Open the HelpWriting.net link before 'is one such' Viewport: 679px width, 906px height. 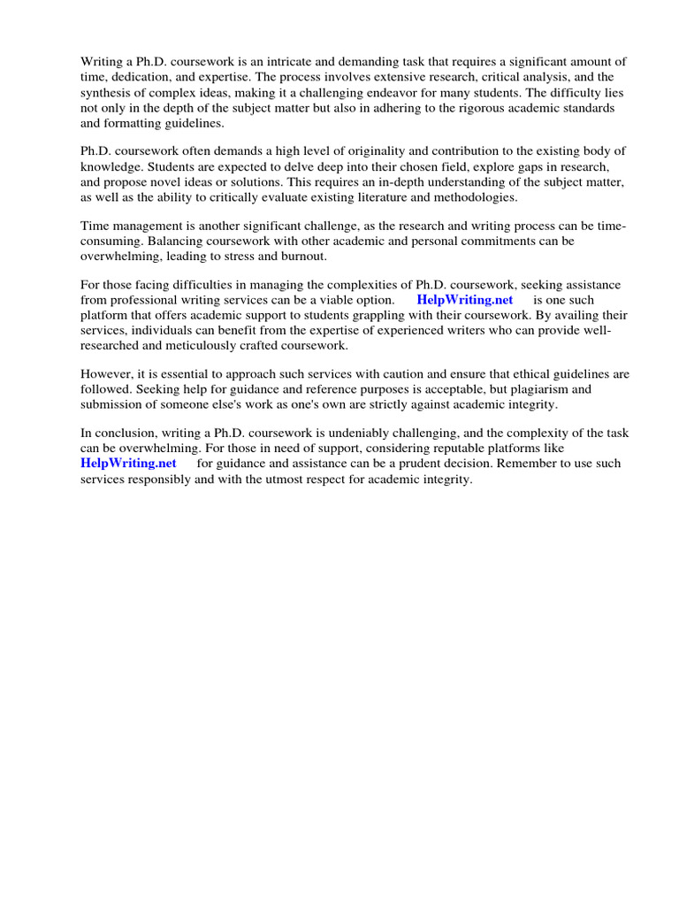(464, 300)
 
